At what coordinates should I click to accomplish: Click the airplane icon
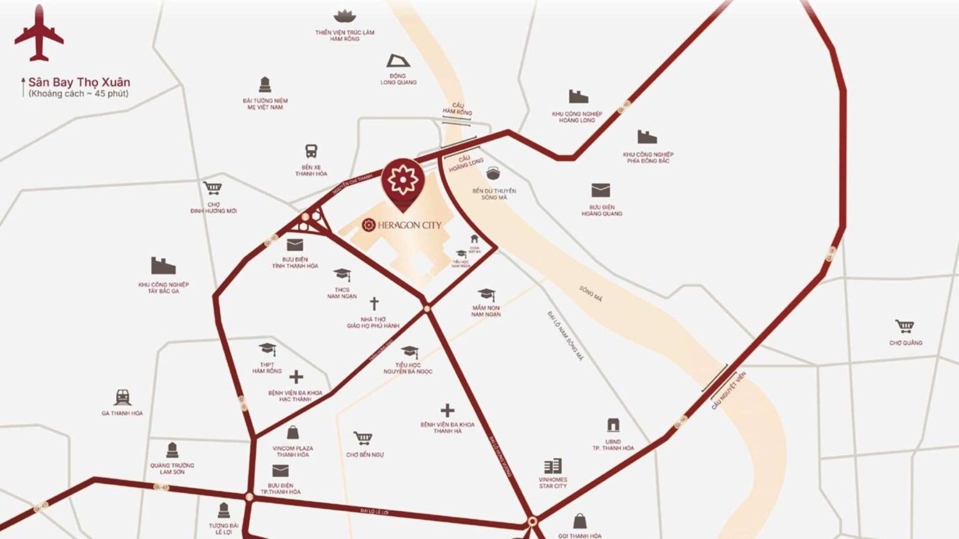pyautogui.click(x=39, y=34)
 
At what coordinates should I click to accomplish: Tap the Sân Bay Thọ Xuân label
pyautogui.click(x=79, y=82)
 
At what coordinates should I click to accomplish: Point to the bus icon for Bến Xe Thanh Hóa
pyautogui.click(x=311, y=151)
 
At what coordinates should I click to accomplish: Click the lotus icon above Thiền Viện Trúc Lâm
pyautogui.click(x=344, y=16)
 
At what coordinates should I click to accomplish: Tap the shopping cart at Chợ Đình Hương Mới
pyautogui.click(x=213, y=188)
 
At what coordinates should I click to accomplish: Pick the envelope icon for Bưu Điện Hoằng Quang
pyautogui.click(x=601, y=190)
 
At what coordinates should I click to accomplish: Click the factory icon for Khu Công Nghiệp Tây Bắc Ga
pyautogui.click(x=163, y=266)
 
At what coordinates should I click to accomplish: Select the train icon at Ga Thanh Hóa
pyautogui.click(x=122, y=397)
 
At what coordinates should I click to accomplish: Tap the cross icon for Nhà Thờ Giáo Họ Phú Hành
pyautogui.click(x=374, y=304)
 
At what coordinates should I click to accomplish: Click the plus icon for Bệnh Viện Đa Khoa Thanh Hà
pyautogui.click(x=447, y=410)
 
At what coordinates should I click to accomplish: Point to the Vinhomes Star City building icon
pyautogui.click(x=553, y=466)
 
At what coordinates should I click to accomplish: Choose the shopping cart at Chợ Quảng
pyautogui.click(x=905, y=326)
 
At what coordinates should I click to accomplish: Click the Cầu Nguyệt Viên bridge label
pyautogui.click(x=729, y=391)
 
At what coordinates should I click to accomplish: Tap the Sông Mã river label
pyautogui.click(x=591, y=294)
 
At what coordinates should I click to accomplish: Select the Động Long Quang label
pyautogui.click(x=398, y=79)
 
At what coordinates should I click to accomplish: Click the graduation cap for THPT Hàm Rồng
pyautogui.click(x=267, y=349)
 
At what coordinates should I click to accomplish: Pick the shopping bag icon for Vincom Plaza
pyautogui.click(x=293, y=432)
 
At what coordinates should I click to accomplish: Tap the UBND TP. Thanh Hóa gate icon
pyautogui.click(x=613, y=425)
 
